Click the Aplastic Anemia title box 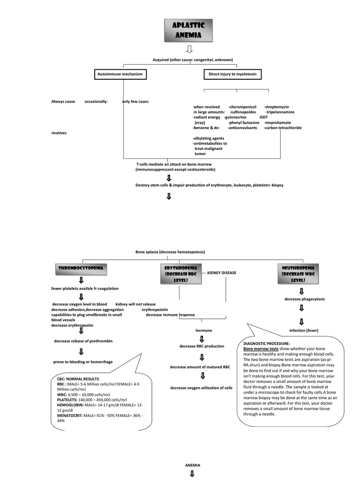[x=188, y=31]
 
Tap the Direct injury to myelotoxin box [x=232, y=74]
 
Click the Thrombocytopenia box [x=81, y=269]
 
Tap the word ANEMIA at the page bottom [x=193, y=465]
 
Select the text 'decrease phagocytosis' [x=305, y=299]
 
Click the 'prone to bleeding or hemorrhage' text [x=82, y=362]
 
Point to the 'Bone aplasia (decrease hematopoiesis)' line [x=170, y=252]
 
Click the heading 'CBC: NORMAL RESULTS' [x=78, y=379]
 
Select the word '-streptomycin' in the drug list [x=276, y=107]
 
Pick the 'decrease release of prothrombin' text [x=83, y=341]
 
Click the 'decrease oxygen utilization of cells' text [x=201, y=388]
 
